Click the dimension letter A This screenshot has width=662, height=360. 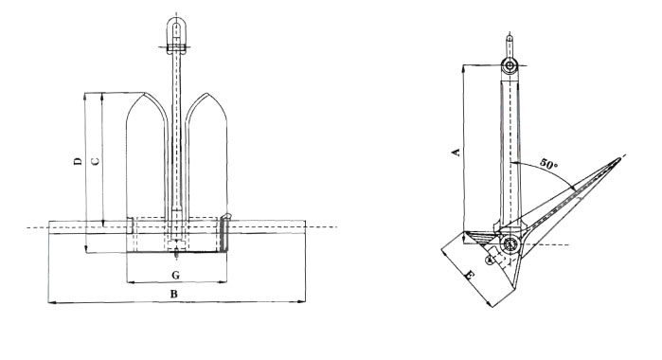click(x=456, y=152)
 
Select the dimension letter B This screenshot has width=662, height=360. click(x=173, y=294)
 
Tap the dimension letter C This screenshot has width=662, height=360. click(x=96, y=161)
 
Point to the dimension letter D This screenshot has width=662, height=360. click(x=78, y=161)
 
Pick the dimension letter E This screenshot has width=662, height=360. click(x=469, y=277)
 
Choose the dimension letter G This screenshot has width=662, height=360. click(x=175, y=276)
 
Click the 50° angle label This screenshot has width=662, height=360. click(x=548, y=164)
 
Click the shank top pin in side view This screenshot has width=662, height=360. click(x=510, y=65)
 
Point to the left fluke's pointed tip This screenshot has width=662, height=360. click(x=144, y=93)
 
